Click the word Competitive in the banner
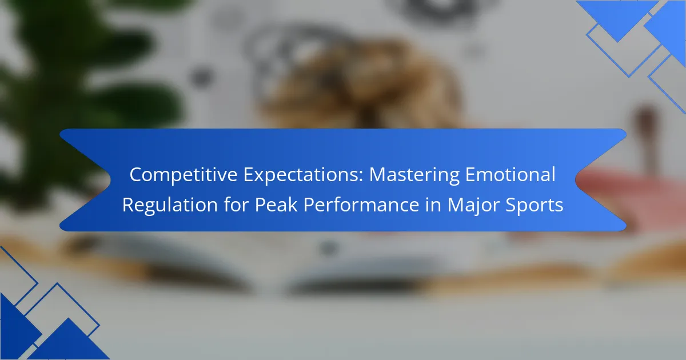(x=184, y=175)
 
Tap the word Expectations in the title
(x=303, y=175)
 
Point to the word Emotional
(x=510, y=174)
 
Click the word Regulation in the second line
(x=170, y=205)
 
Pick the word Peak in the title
(x=276, y=205)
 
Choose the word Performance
(x=361, y=205)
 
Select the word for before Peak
(x=236, y=205)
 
